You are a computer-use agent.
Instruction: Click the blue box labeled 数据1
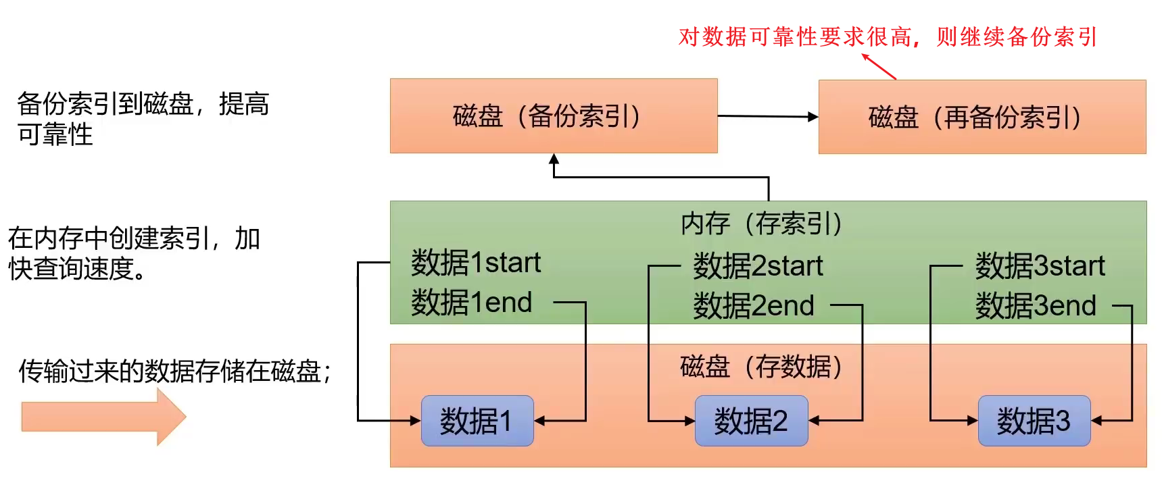click(x=477, y=421)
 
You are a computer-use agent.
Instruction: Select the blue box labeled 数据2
click(x=751, y=421)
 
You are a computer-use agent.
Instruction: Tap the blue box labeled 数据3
click(x=1034, y=421)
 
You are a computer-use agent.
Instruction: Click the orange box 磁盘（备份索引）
click(x=553, y=116)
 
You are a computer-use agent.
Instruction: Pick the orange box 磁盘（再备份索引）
click(x=982, y=118)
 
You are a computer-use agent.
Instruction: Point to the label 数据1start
click(x=476, y=263)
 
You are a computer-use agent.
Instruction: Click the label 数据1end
click(x=471, y=303)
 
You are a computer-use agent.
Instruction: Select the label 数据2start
click(x=758, y=266)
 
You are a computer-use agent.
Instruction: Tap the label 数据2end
click(x=753, y=306)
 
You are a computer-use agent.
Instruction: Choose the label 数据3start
click(x=1040, y=266)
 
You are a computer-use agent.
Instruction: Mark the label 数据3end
click(x=1035, y=306)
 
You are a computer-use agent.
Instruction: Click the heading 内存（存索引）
click(x=761, y=224)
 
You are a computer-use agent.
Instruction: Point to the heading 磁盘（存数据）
click(x=761, y=367)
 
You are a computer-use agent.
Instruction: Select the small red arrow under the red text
click(x=879, y=67)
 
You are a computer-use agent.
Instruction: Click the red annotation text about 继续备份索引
click(x=888, y=36)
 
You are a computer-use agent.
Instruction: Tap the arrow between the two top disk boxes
click(x=767, y=116)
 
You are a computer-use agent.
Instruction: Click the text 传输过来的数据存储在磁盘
click(x=174, y=371)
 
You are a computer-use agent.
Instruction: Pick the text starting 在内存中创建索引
click(x=134, y=253)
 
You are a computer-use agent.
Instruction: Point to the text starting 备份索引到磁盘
click(x=143, y=119)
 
